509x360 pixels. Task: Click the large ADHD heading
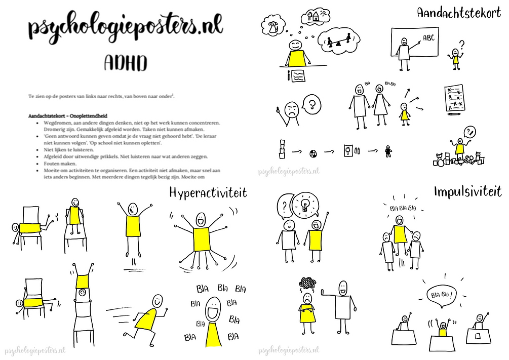125,63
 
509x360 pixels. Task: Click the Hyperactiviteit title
208,192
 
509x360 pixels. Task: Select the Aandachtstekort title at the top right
459,13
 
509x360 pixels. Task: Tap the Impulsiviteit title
467,191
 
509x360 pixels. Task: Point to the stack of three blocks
282,148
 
